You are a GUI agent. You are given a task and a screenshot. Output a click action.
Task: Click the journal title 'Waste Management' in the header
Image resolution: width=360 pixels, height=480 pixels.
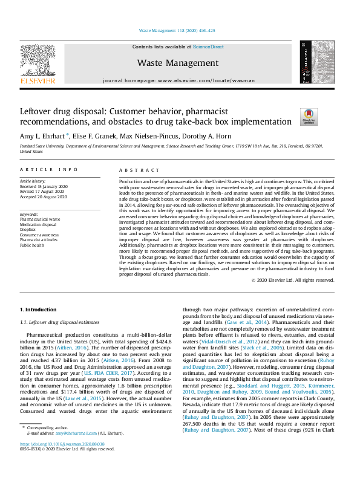click(177, 63)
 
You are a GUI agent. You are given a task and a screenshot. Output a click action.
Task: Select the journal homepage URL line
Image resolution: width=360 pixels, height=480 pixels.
click(177, 80)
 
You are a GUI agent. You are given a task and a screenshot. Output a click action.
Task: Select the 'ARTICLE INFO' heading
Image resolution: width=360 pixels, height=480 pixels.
click(48, 170)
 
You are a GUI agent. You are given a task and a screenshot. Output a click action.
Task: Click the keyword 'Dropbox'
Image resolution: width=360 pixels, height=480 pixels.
click(28, 230)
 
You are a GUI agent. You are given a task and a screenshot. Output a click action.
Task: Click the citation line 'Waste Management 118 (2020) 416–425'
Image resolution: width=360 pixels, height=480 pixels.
click(177, 30)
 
